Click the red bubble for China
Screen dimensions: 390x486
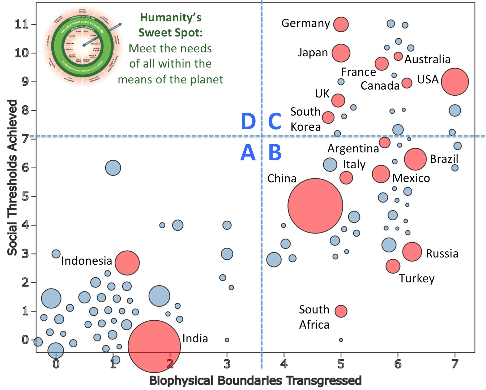tap(315, 206)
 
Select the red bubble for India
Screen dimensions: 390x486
tap(154, 346)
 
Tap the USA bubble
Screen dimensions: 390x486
tap(455, 82)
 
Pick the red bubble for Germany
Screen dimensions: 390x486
tap(341, 24)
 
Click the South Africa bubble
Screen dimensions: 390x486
tap(341, 311)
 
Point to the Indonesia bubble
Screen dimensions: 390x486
tap(127, 263)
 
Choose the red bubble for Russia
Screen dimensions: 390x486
tap(412, 252)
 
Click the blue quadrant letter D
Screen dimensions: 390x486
tap(248, 121)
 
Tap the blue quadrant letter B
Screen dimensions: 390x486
tap(275, 152)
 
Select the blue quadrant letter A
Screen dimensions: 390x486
tap(248, 152)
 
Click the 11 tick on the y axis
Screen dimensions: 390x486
tap(21, 24)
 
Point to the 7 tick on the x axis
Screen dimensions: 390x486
tap(455, 364)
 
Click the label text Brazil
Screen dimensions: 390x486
tap(444, 159)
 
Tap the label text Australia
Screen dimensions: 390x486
tap(427, 59)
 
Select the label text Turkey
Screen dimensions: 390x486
tap(417, 278)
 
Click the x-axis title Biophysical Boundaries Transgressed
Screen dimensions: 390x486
tap(255, 381)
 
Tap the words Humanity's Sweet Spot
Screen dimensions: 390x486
tap(171, 25)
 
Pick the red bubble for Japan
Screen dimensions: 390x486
tap(341, 53)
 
